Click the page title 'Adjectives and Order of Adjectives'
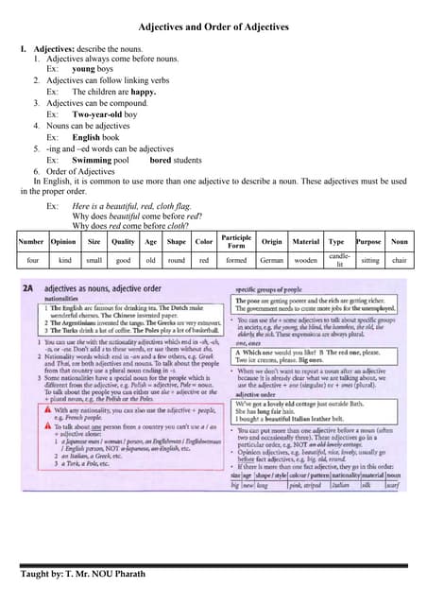pos(213,27)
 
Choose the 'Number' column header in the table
pos(33,241)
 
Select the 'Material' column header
pos(304,241)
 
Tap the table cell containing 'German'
pos(272,259)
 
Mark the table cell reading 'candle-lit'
pos(336,259)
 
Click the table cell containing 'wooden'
pos(304,259)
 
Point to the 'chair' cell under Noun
pos(399,259)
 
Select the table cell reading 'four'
pos(33,259)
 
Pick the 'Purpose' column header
pos(368,241)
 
